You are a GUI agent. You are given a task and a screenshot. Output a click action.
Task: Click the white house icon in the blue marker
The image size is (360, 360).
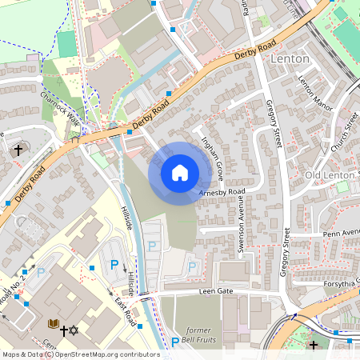pos(179,173)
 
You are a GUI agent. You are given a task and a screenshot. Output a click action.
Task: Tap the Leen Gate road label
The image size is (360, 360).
pos(216,291)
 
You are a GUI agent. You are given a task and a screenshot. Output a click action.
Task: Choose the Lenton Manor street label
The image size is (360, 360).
pos(314,93)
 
